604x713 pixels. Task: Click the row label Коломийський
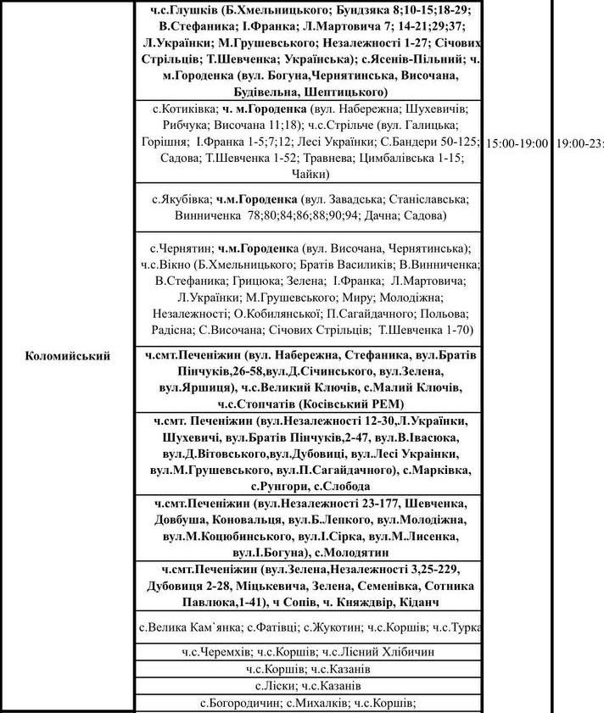[68, 356]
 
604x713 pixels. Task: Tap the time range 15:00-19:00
[517, 143]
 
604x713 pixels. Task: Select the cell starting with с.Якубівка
[310, 208]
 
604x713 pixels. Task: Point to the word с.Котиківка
[182, 110]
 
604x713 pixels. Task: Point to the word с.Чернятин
[181, 249]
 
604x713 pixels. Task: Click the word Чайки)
[310, 175]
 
